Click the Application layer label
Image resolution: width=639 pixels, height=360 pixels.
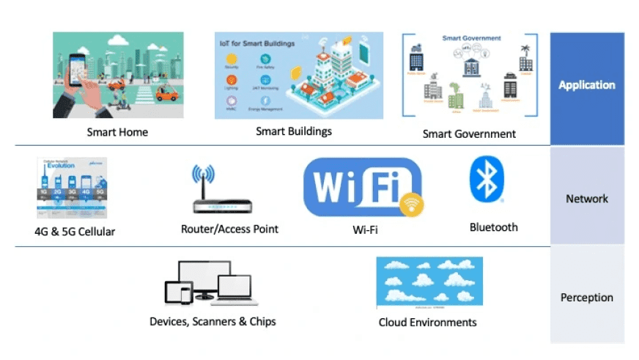(587, 85)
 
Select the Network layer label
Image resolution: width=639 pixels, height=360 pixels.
(587, 198)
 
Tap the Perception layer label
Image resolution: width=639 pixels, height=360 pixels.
(587, 298)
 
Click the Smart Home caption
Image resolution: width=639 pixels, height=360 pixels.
(117, 133)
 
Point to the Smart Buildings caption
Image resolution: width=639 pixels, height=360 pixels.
(294, 132)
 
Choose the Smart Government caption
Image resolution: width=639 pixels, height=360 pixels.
(469, 134)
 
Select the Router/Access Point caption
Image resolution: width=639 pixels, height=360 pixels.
(229, 229)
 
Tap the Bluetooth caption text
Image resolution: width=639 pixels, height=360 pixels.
(493, 227)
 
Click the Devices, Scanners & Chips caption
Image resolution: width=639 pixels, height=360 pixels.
(213, 322)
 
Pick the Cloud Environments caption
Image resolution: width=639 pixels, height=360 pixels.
(427, 323)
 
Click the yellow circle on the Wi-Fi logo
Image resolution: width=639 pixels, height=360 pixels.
(412, 205)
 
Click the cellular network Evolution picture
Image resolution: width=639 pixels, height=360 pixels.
(72, 188)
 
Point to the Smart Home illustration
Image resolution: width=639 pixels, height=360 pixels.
(118, 75)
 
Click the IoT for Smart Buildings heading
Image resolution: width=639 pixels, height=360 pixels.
(257, 44)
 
